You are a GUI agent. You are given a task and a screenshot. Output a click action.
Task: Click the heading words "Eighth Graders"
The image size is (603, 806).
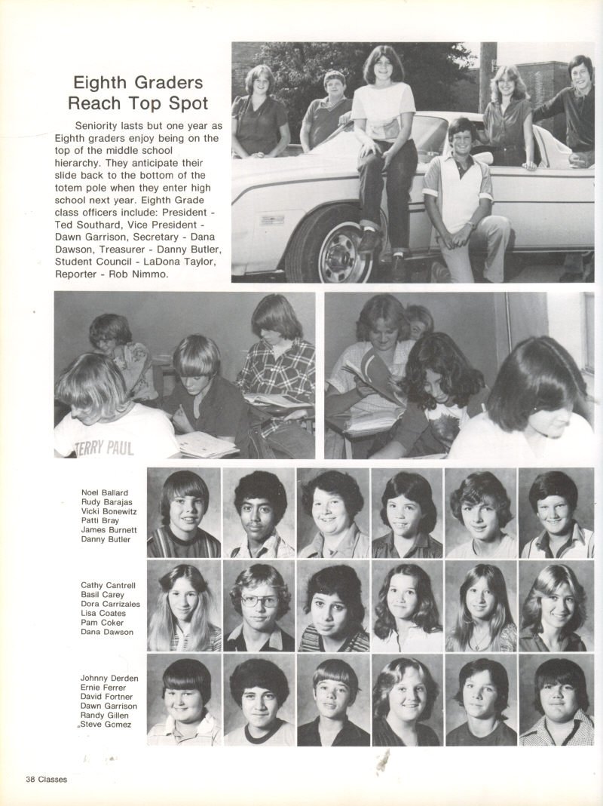pos(137,83)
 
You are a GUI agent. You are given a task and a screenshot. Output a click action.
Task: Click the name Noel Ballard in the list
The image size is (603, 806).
pos(104,493)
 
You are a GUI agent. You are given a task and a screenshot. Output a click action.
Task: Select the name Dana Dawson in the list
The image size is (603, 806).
pos(107,632)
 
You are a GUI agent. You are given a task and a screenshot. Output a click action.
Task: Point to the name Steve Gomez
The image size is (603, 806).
pos(106,725)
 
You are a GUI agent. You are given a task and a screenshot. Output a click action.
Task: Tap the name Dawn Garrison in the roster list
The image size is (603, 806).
pos(109,706)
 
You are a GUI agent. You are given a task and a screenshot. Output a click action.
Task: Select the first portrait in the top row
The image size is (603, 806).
pos(183,513)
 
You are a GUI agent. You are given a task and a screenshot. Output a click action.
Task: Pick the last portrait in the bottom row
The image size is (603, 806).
pos(556,700)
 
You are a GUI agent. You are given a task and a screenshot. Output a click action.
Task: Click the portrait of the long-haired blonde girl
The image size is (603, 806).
pos(183,607)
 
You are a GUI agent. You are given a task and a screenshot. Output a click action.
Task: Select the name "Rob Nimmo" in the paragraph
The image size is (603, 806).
pos(143,274)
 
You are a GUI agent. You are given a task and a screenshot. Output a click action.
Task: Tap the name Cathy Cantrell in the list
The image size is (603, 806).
pos(108,585)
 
